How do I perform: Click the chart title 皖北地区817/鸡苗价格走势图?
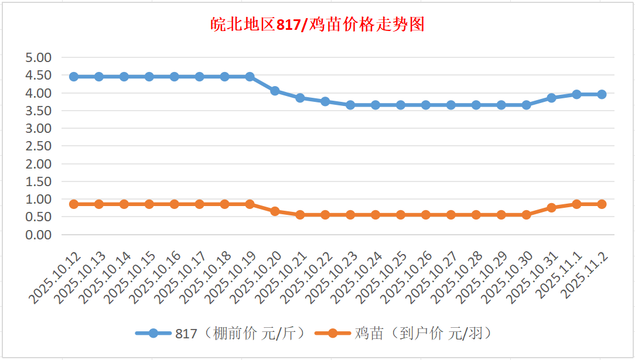[317, 25]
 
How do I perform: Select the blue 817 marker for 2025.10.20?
[275, 91]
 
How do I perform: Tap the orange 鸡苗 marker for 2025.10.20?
[275, 211]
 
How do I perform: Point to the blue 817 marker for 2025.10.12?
[74, 77]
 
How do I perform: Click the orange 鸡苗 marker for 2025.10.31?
[551, 208]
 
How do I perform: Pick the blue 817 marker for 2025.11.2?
[602, 94]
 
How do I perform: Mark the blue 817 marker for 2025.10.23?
[350, 105]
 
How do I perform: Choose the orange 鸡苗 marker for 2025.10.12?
[74, 204]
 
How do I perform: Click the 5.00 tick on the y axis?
[39, 57]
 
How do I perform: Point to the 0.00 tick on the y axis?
[39, 235]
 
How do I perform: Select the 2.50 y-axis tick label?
[39, 146]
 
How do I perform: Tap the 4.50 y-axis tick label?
[39, 76]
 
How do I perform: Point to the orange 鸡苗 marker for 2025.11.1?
[576, 204]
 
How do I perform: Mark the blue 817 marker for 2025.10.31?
[551, 98]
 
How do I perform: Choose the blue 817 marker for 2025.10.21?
[300, 98]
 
